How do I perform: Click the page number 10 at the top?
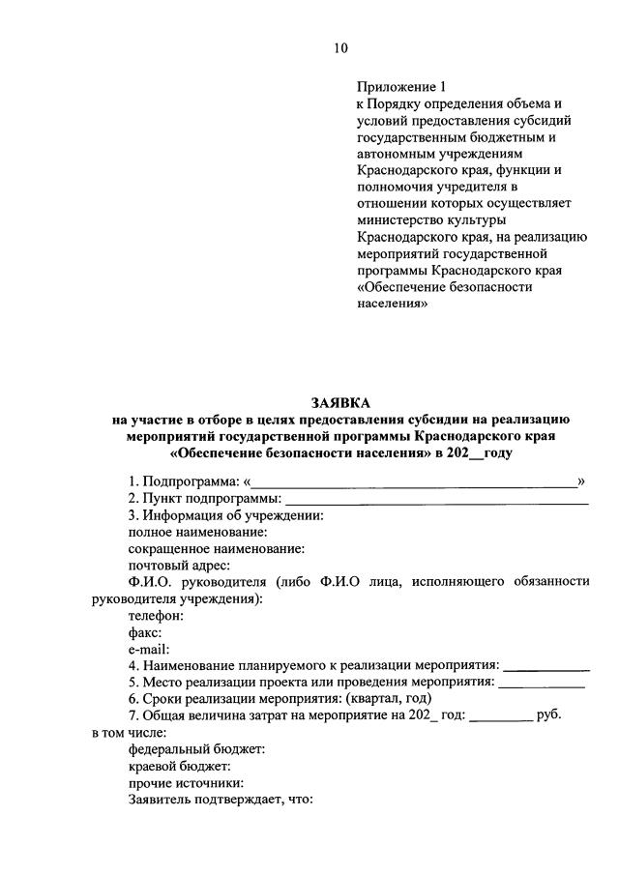tap(340, 47)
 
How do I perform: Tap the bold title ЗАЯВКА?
tap(339, 401)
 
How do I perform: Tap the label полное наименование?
tap(197, 532)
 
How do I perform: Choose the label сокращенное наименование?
tap(217, 548)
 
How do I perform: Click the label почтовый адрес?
tap(179, 565)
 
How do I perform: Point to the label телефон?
tap(156, 615)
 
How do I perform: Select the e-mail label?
tap(149, 649)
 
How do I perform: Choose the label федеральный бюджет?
tap(196, 749)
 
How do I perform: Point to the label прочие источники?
tap(186, 782)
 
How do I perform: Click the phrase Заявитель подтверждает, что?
tap(217, 800)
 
